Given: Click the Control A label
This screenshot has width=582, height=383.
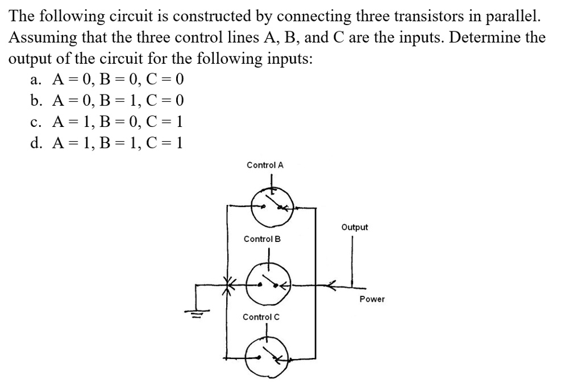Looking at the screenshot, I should pyautogui.click(x=265, y=165).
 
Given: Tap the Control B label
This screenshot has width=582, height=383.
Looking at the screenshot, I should pyautogui.click(x=262, y=239).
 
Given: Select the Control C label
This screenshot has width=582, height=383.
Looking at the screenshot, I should pyautogui.click(x=261, y=317).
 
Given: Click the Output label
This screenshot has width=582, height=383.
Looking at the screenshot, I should pyautogui.click(x=355, y=227).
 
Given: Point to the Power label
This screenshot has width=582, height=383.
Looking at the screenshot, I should pyautogui.click(x=372, y=299).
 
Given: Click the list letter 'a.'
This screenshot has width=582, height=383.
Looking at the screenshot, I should pyautogui.click(x=36, y=80).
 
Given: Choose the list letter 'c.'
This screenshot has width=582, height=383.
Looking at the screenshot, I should pyautogui.click(x=36, y=122).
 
